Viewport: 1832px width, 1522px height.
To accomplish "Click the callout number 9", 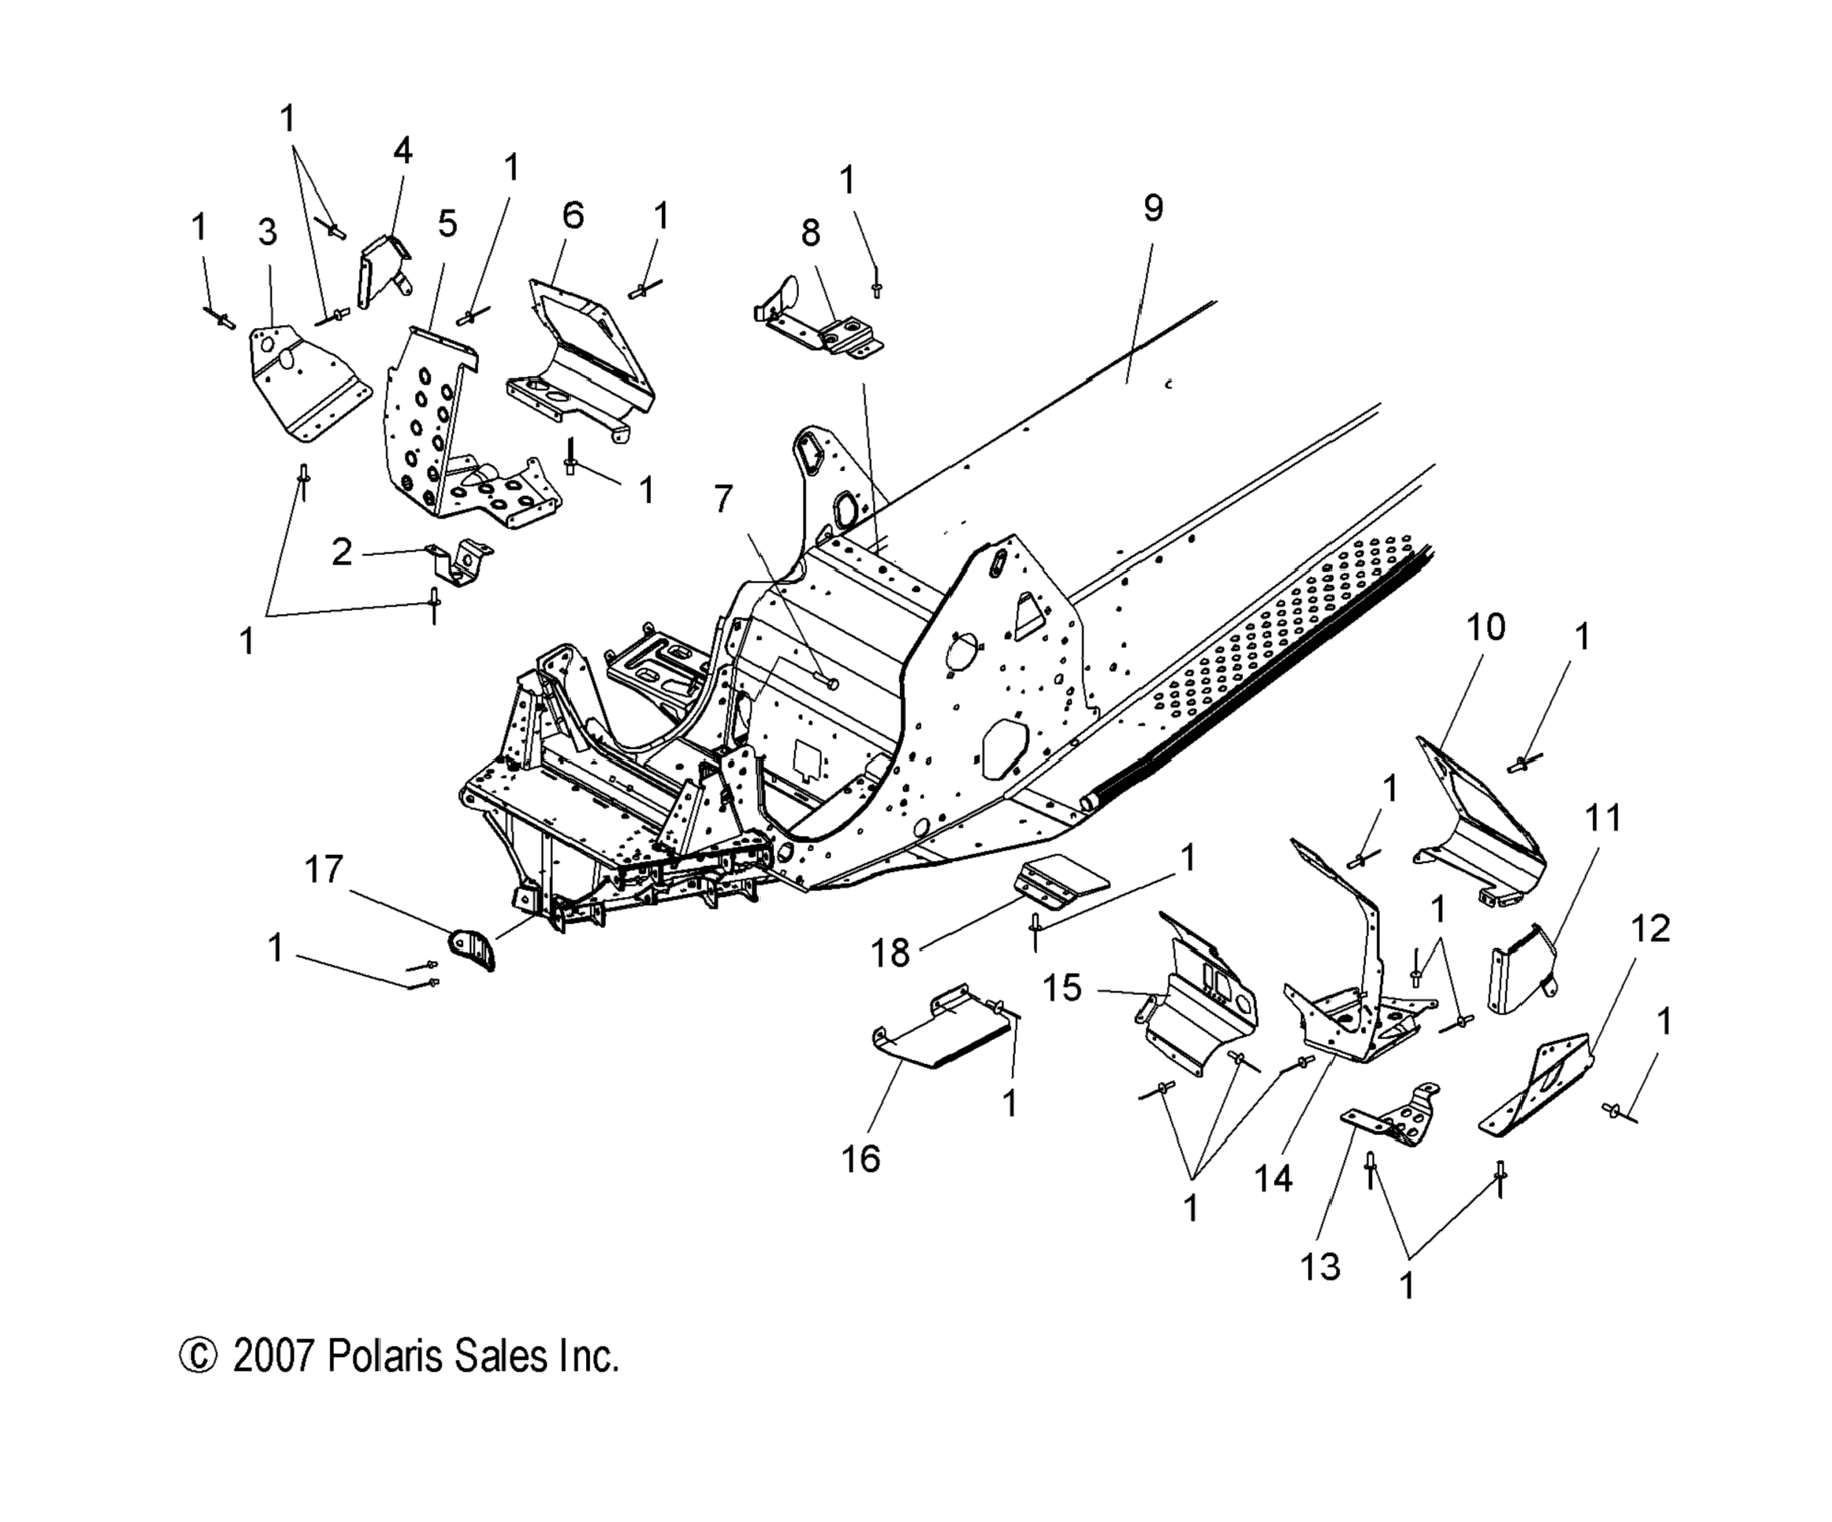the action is coord(1152,208).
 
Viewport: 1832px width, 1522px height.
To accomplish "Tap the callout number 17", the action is coord(324,870).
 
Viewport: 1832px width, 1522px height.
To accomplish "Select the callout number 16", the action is coord(860,1159).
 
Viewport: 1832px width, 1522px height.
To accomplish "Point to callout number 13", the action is coord(1319,1266).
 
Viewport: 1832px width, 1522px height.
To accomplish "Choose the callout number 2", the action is coord(341,551).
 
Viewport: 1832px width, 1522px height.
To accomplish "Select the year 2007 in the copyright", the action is coord(272,1357).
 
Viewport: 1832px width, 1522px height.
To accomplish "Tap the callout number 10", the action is coord(1485,627).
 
